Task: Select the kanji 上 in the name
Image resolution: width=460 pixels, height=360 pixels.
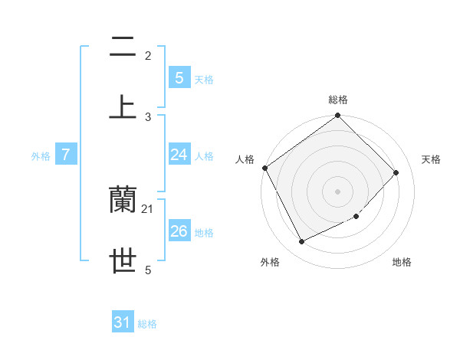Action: coord(123,106)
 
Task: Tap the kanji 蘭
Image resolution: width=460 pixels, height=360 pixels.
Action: coord(123,200)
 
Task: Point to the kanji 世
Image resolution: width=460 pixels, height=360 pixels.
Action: coord(123,260)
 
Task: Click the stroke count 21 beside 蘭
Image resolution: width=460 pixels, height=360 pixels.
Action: coord(148,208)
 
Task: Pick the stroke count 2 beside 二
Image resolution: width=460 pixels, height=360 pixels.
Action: coord(148,55)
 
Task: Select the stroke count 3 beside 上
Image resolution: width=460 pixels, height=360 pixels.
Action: coord(148,116)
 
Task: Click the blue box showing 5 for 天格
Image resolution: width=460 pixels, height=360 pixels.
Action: coord(179,77)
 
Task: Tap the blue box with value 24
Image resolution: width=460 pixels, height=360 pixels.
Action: coord(179,155)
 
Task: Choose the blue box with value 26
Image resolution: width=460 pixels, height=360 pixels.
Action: coord(179,231)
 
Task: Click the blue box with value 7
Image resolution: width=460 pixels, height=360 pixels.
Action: coord(66,155)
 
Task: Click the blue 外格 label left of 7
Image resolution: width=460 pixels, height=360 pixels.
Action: coord(41,156)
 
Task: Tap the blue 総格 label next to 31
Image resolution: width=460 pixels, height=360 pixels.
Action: coord(147,324)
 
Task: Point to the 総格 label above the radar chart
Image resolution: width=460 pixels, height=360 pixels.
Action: coord(338,100)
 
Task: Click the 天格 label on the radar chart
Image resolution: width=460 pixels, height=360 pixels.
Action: coord(432,159)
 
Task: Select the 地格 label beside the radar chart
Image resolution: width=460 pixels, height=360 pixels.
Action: coord(402,262)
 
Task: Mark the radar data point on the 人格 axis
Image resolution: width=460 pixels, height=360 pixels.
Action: coord(264,168)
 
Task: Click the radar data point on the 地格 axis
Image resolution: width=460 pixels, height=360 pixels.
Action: coord(356,217)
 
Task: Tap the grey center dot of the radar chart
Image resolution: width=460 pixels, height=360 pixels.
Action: coord(338,191)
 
